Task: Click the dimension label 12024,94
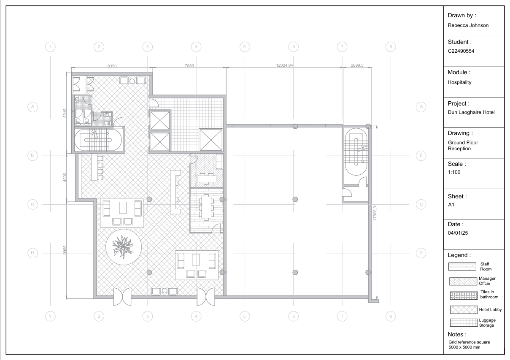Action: [x=284, y=65]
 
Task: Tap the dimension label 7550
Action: [x=189, y=65]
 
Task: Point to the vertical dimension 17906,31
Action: [x=375, y=212]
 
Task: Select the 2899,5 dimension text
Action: [x=357, y=65]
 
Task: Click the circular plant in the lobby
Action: [x=124, y=247]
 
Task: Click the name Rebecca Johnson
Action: [x=468, y=25]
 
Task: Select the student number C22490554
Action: [x=461, y=51]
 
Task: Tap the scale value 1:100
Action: [x=454, y=172]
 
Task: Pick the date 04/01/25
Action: [x=458, y=233]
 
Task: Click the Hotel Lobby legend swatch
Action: [x=464, y=310]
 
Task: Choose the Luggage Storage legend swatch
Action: [x=464, y=322]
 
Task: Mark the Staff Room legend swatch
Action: [x=462, y=267]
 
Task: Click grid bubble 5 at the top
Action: [x=245, y=47]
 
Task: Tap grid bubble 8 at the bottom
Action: [x=391, y=316]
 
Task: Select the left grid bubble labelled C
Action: [x=32, y=204]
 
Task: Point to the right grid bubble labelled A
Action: [x=421, y=107]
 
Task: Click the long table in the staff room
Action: [x=206, y=207]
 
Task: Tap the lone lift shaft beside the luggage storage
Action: [x=211, y=140]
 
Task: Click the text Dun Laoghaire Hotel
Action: [x=471, y=112]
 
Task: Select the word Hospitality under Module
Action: [x=459, y=82]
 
